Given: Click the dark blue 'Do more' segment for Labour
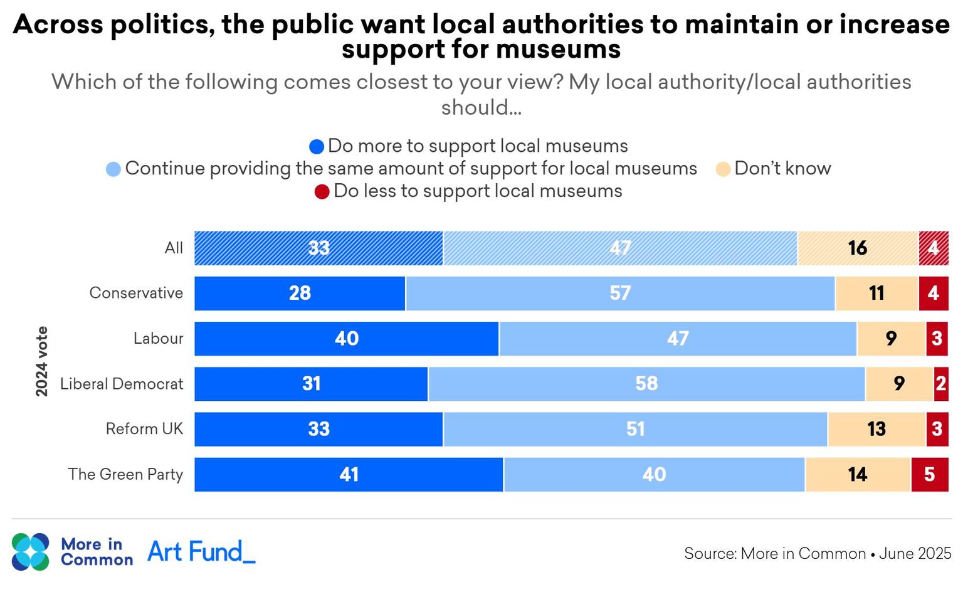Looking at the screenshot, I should coord(346,339).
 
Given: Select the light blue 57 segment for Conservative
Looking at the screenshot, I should coord(620,294).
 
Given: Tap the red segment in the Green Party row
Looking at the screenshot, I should coord(929,475).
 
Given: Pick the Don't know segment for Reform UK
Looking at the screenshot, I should coord(876,429).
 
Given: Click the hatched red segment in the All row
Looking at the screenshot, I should coord(934,248).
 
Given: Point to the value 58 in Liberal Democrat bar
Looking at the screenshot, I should coord(646,384).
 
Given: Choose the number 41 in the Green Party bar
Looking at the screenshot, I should coord(349,475).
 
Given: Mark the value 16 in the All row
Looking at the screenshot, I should coord(858,248).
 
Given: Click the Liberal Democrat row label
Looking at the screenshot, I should coord(122,384).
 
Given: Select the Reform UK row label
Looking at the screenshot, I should coord(144,429).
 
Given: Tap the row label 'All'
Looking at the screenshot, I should coord(174,248).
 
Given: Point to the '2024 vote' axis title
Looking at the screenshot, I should coord(42,361).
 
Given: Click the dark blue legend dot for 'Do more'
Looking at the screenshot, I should coord(317,147).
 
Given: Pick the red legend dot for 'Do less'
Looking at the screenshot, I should coord(322,192).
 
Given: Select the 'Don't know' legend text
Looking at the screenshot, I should coord(782,169).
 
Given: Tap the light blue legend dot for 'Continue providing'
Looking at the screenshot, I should coord(113,169).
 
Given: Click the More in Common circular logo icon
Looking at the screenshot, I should coord(30,552).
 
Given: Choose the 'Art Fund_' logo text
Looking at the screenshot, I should coord(201,552).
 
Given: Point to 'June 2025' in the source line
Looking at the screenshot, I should coord(915,554).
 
